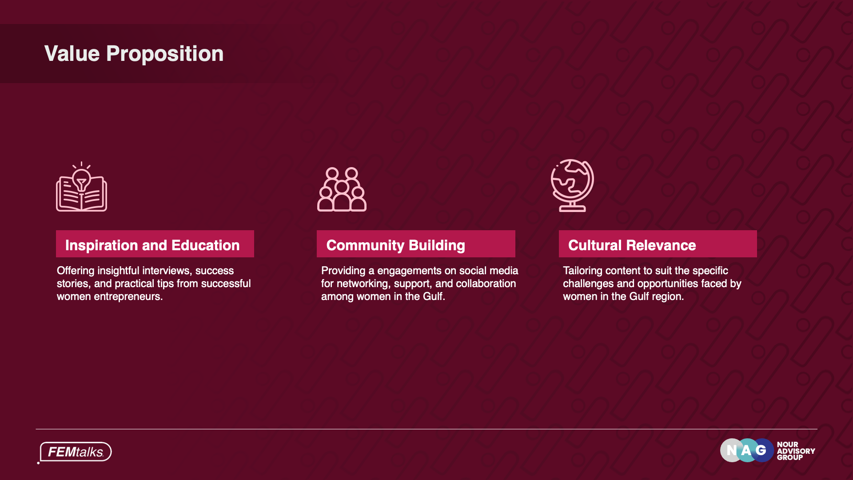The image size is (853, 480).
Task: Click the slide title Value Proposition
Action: (134, 54)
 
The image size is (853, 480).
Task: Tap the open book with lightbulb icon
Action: (81, 187)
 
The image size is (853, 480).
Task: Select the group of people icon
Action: (342, 189)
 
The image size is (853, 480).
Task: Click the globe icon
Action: (572, 185)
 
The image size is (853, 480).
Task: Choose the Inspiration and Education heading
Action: (152, 245)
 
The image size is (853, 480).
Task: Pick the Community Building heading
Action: (395, 245)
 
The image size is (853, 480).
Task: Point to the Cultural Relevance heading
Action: (632, 245)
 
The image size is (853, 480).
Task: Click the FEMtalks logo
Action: (75, 452)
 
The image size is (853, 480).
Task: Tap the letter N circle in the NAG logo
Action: (732, 450)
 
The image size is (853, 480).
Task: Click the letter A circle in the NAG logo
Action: (747, 450)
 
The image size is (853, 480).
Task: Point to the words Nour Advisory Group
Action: (796, 451)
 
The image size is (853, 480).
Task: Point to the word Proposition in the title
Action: (165, 54)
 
